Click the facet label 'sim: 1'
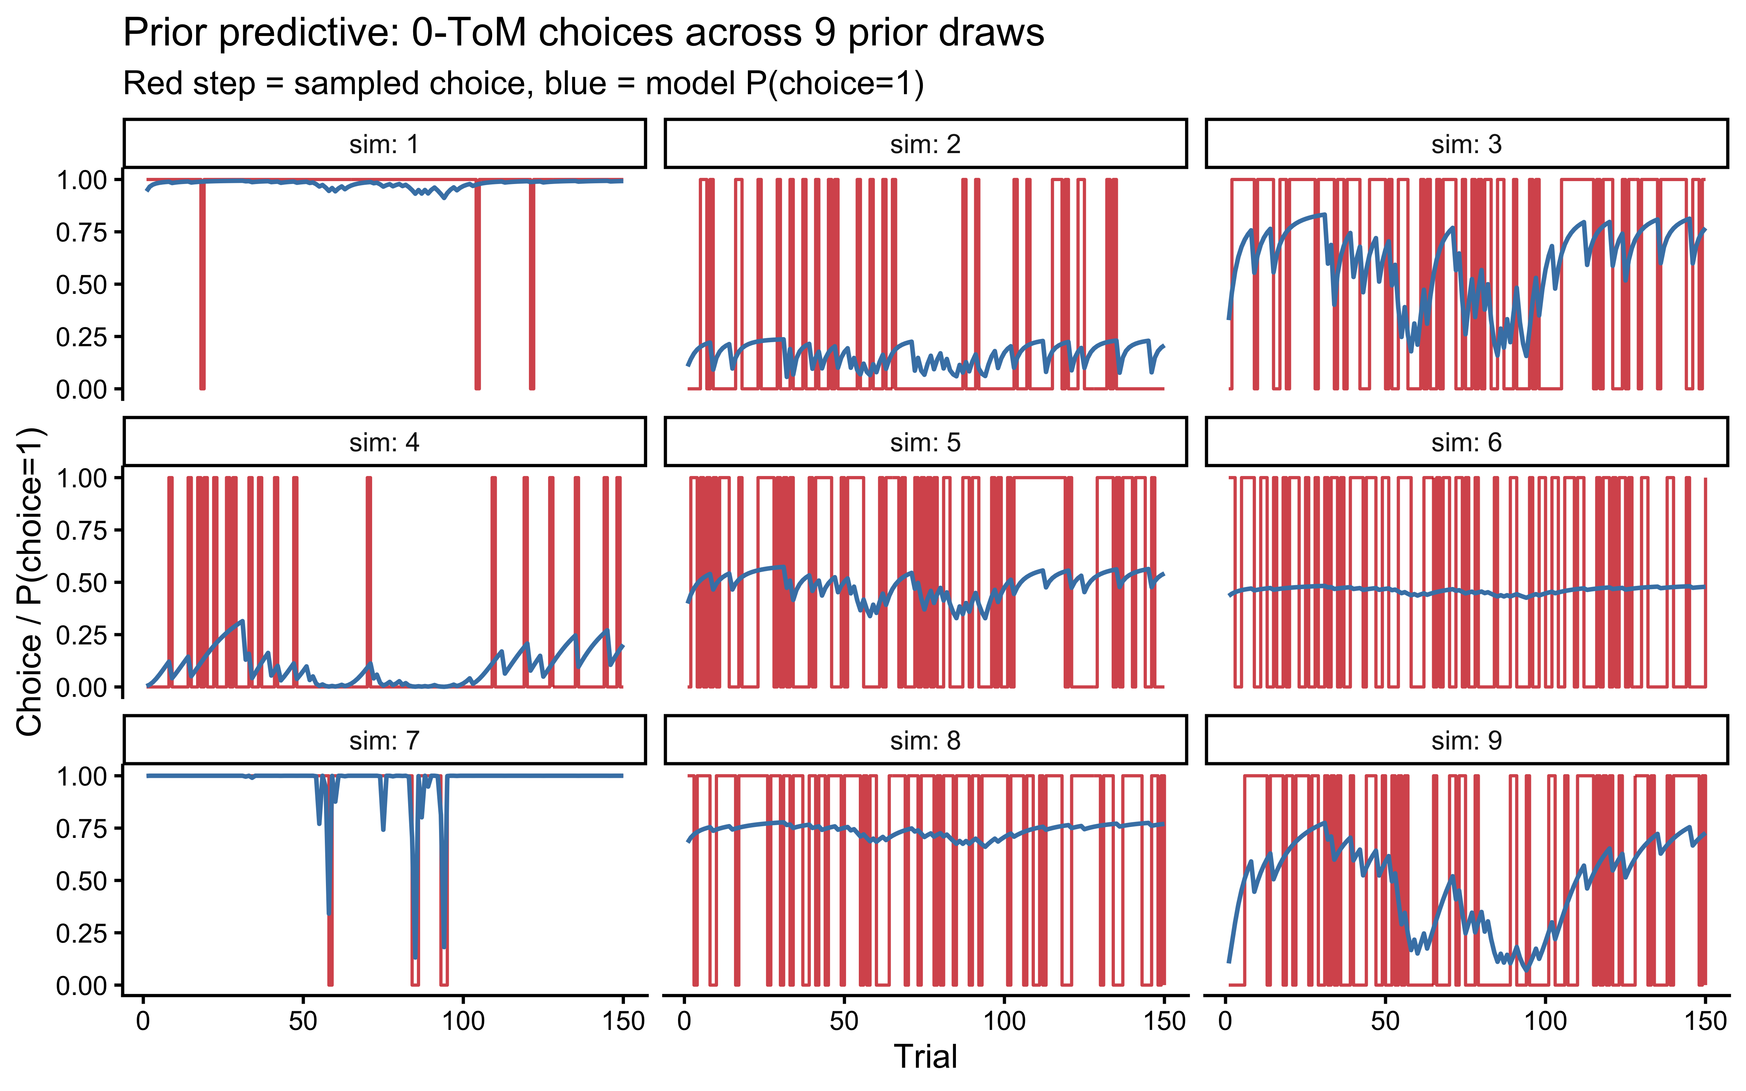pyautogui.click(x=384, y=144)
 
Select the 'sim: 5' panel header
pyautogui.click(x=925, y=442)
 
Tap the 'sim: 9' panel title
pyautogui.click(x=1466, y=740)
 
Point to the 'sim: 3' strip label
pyautogui.click(x=1466, y=144)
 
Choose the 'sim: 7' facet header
pyautogui.click(x=384, y=740)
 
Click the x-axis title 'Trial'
pyautogui.click(x=925, y=1056)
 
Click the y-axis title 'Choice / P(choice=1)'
pyautogui.click(x=30, y=582)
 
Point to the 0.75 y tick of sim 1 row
pyautogui.click(x=81, y=232)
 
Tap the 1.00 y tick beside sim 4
pyautogui.click(x=81, y=477)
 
